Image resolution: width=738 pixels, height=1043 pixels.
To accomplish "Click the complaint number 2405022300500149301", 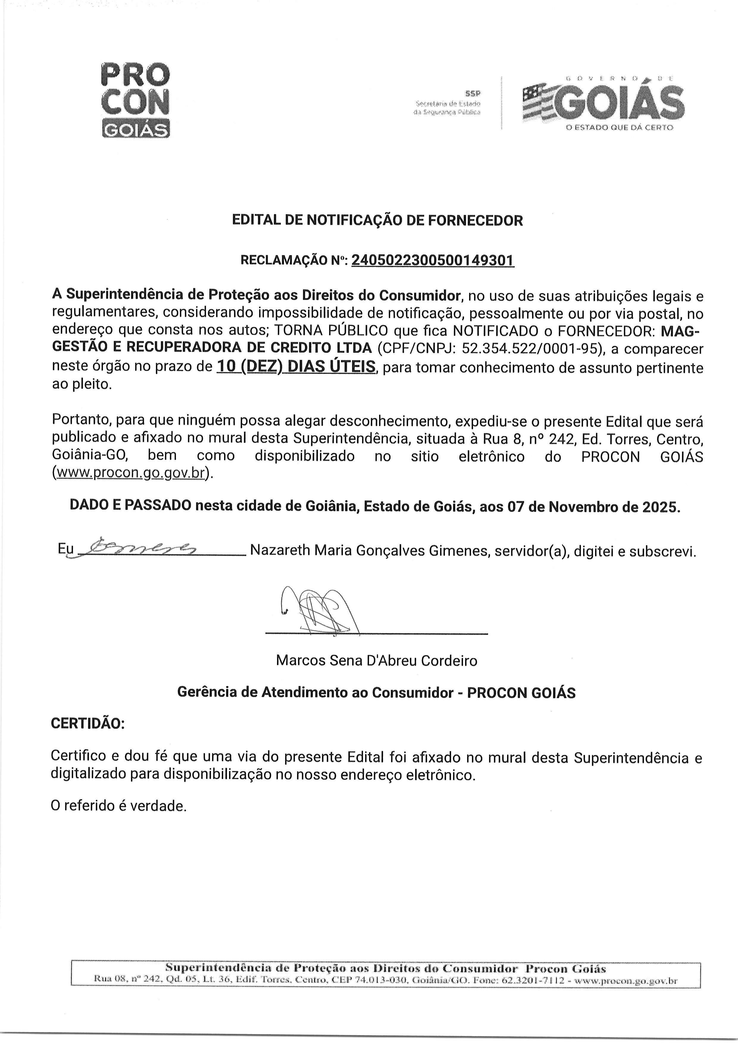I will click(433, 260).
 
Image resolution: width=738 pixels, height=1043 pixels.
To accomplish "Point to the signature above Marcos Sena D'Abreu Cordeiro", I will click(318, 611).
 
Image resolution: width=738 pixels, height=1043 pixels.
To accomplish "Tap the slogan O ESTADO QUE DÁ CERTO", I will click(619, 128).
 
